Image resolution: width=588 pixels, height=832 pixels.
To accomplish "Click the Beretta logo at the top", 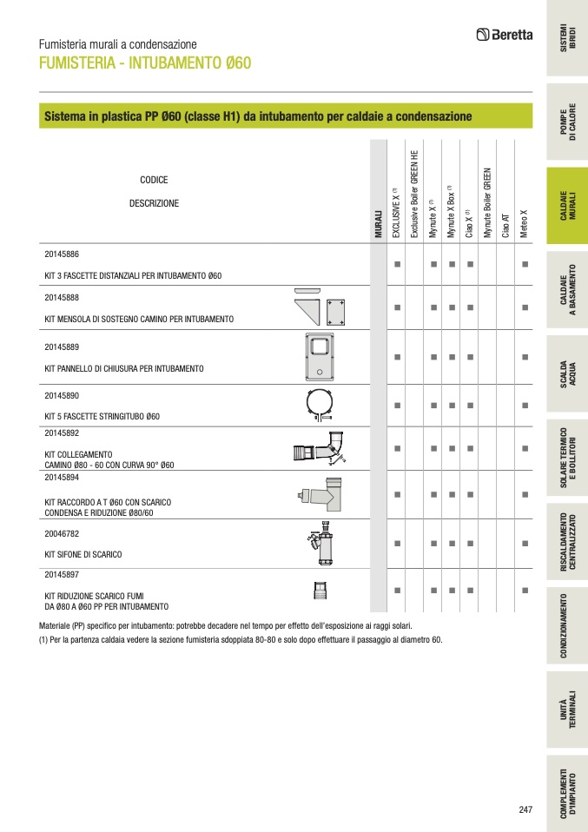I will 504,35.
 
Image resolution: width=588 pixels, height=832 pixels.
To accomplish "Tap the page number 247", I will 525,809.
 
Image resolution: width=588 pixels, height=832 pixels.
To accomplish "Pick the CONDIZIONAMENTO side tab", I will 565,625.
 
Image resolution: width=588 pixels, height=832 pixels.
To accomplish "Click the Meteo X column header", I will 524,222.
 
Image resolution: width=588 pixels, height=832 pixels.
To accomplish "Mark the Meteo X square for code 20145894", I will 525,493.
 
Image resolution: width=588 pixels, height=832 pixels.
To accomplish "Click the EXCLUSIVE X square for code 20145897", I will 396,591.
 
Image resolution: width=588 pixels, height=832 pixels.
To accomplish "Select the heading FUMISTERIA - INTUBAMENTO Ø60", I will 145,63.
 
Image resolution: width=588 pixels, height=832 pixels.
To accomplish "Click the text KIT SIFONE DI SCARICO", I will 83,554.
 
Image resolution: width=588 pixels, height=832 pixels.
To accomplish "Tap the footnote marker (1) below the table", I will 43,639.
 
